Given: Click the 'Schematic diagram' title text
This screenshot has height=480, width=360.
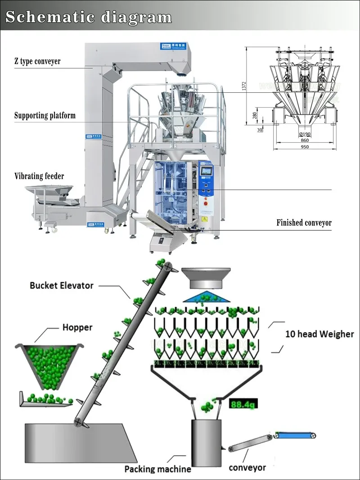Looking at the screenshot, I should (x=88, y=17).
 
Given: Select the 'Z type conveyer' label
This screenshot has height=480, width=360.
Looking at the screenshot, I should (x=37, y=61).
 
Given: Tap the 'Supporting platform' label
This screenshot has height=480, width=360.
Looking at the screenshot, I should (x=45, y=116).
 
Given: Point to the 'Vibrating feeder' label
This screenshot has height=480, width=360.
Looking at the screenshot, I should (x=39, y=176).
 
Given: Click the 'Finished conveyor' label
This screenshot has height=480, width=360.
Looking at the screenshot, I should (x=304, y=223).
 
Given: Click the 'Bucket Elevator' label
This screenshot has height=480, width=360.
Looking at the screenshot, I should (x=62, y=285).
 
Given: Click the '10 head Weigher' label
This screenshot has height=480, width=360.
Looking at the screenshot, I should (x=319, y=334).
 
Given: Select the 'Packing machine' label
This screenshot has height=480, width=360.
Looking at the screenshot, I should (x=157, y=469).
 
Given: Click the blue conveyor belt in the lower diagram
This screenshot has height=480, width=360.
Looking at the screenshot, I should (x=295, y=435).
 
